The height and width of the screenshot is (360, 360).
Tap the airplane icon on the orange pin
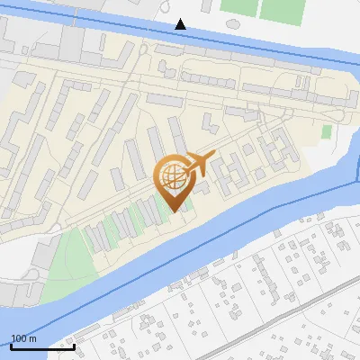tap(199, 164)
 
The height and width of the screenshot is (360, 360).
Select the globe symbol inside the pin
tap(175, 174)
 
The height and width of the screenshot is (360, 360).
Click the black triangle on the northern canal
tap(181, 23)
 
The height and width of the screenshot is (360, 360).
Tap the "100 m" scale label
tap(23, 338)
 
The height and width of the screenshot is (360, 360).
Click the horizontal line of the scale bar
tap(42, 346)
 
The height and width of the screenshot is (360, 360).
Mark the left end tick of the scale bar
tap(11, 345)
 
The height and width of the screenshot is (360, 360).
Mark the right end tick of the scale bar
tap(74, 345)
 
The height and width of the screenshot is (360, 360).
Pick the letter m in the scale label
tap(32, 338)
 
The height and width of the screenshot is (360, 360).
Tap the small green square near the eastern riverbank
tap(327, 131)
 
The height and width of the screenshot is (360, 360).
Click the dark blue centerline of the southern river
tap(225, 236)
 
